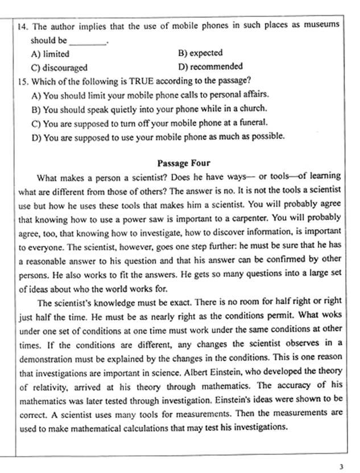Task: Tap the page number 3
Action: [341, 467]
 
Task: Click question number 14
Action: [23, 25]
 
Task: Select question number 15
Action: [23, 80]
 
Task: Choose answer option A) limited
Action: [51, 54]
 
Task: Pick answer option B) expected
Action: [200, 53]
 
